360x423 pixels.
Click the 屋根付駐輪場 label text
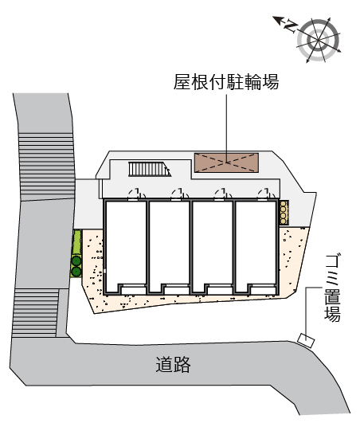coord(226,82)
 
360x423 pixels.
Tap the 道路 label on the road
coord(173,365)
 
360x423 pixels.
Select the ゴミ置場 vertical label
coord(332,288)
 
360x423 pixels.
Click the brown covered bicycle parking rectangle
coord(226,163)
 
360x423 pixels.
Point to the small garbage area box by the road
coord(306,340)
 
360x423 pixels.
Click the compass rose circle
coord(319,40)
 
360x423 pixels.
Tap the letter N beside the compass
coord(291,26)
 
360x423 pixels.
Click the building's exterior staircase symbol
coord(150,169)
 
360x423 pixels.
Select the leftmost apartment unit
coord(126,247)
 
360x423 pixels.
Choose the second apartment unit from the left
coord(169,247)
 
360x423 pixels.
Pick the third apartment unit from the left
coord(213,247)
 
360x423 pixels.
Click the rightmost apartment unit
coord(256,247)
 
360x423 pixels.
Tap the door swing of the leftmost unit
coord(136,194)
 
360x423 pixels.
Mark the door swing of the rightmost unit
coord(266,194)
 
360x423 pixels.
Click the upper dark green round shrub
coord(76,260)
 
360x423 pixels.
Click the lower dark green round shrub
coord(76,271)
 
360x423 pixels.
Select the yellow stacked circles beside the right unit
coord(284,213)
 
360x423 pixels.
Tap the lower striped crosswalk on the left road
coord(36,313)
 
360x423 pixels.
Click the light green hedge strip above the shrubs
coord(77,242)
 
